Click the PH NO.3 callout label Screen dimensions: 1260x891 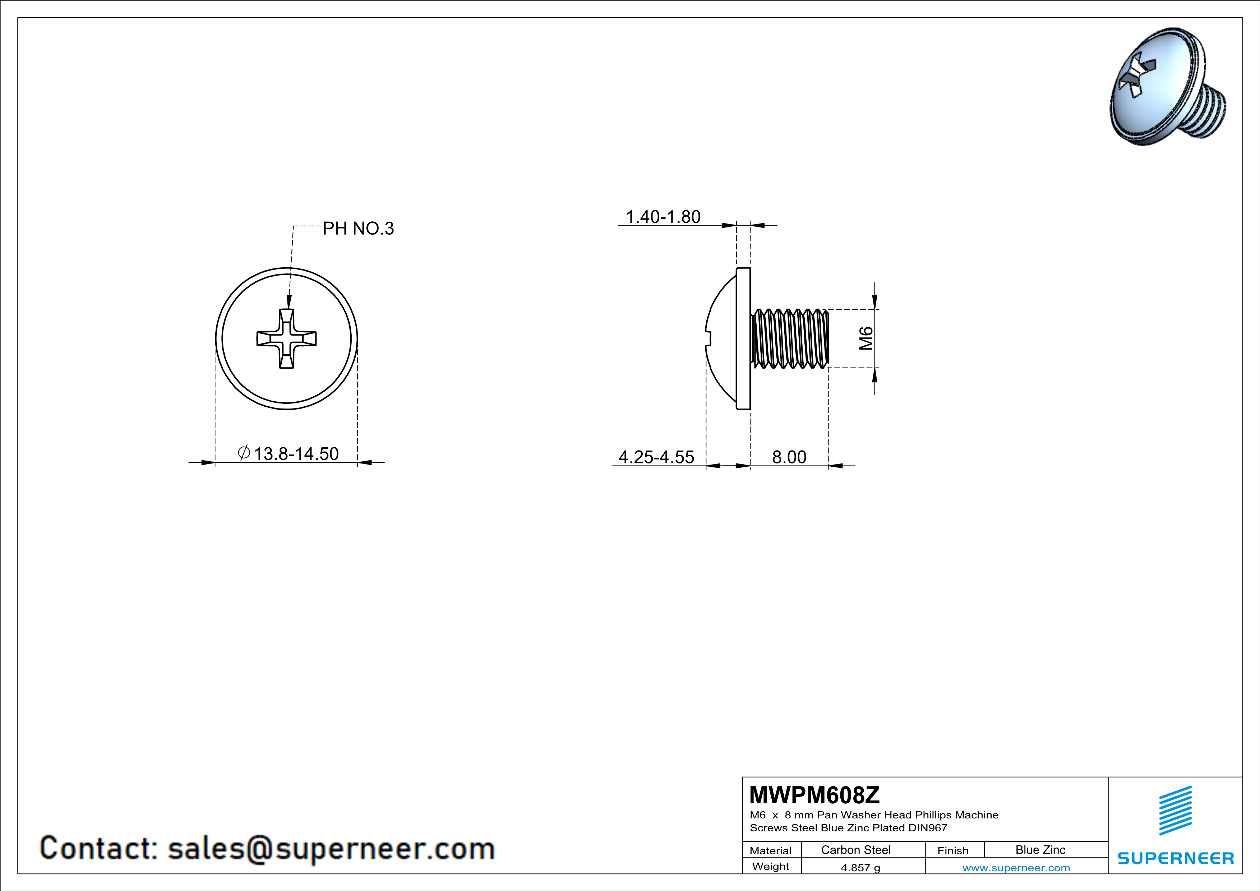358,228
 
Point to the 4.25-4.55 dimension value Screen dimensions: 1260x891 656,457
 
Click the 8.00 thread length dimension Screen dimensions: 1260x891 789,457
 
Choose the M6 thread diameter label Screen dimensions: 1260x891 866,338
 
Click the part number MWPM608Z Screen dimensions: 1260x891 814,794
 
